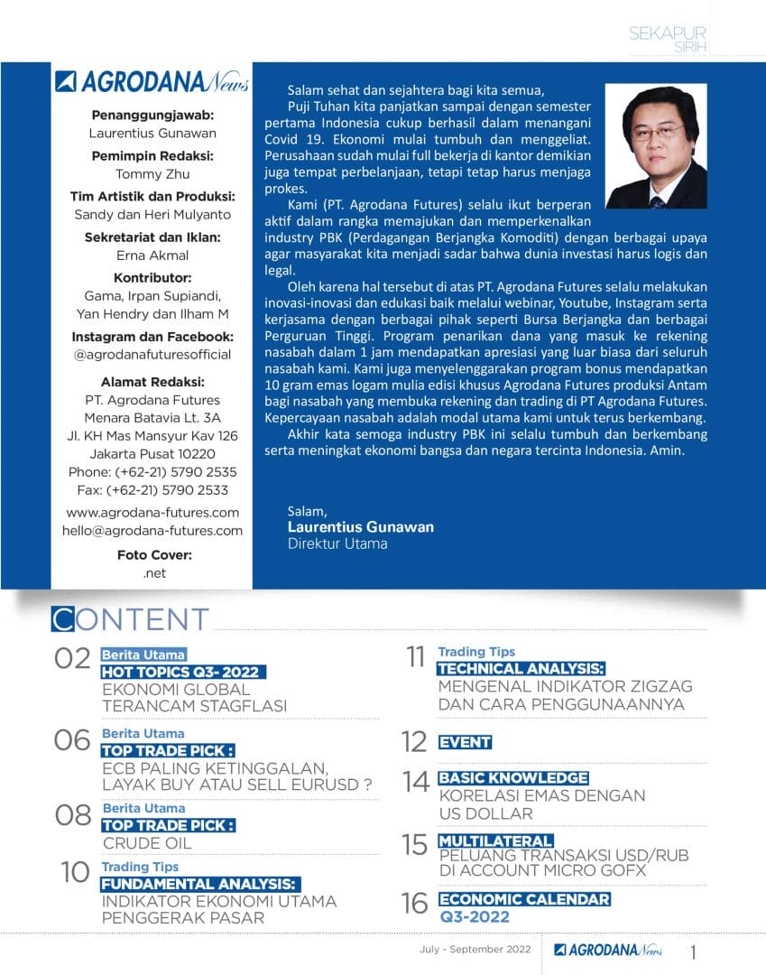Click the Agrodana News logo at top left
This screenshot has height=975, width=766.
click(152, 83)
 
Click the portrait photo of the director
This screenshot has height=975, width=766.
click(656, 146)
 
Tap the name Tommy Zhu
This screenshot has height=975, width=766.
click(152, 174)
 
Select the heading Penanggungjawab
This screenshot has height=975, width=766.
click(152, 115)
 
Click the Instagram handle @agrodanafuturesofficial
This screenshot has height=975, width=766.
click(152, 355)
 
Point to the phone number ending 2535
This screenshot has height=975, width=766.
click(152, 471)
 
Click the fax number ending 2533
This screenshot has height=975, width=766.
click(152, 490)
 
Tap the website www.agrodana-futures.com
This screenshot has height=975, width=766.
click(152, 513)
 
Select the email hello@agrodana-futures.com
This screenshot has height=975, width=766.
click(152, 531)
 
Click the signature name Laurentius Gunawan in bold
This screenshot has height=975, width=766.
click(360, 526)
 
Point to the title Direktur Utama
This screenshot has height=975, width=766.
click(337, 543)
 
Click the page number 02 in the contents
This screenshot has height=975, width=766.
click(73, 658)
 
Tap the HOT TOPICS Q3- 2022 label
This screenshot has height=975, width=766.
click(182, 672)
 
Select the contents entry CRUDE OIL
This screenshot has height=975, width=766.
click(147, 843)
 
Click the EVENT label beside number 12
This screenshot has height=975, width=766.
click(465, 742)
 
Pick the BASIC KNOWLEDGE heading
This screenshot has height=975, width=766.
click(512, 778)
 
